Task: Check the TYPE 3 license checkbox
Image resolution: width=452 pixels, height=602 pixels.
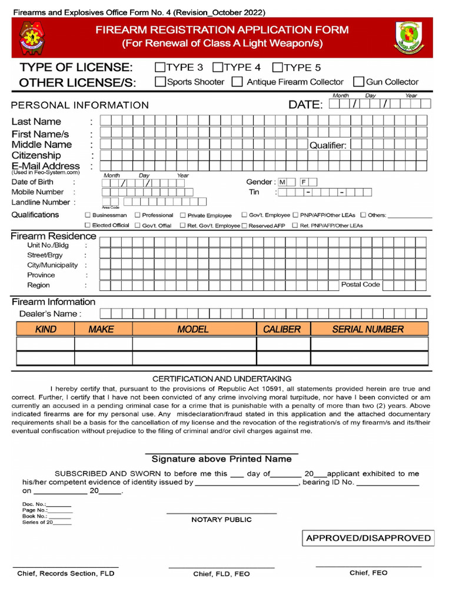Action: (x=160, y=67)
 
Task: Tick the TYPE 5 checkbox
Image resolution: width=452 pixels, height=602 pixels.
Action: (x=279, y=67)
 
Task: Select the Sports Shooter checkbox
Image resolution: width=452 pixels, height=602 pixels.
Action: (x=160, y=82)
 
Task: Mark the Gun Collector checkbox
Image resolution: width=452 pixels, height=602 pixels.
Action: (x=358, y=82)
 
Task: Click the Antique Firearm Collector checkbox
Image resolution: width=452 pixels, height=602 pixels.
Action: (x=237, y=82)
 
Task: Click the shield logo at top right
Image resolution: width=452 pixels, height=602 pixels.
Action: (x=408, y=37)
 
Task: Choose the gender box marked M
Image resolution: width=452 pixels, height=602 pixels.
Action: (x=282, y=182)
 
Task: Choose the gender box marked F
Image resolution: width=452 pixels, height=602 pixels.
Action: (x=304, y=182)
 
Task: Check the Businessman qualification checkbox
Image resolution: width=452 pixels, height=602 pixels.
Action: (x=88, y=215)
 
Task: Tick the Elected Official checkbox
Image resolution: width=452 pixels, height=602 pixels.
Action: (x=88, y=225)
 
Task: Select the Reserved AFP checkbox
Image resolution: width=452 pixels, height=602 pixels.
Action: (x=244, y=225)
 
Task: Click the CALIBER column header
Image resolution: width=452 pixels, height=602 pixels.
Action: (x=282, y=329)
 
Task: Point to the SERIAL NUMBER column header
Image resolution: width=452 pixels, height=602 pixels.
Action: (x=368, y=329)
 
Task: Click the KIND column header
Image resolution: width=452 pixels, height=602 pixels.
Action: (x=46, y=329)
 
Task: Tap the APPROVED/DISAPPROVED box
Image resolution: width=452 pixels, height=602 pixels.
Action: (x=368, y=538)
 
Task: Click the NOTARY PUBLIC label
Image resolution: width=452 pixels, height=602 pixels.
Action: (x=221, y=520)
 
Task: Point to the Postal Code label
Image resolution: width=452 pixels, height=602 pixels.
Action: (x=361, y=285)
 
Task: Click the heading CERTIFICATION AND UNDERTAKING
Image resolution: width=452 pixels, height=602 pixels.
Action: (x=222, y=379)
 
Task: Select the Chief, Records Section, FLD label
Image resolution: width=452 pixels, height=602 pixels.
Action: (x=66, y=573)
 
